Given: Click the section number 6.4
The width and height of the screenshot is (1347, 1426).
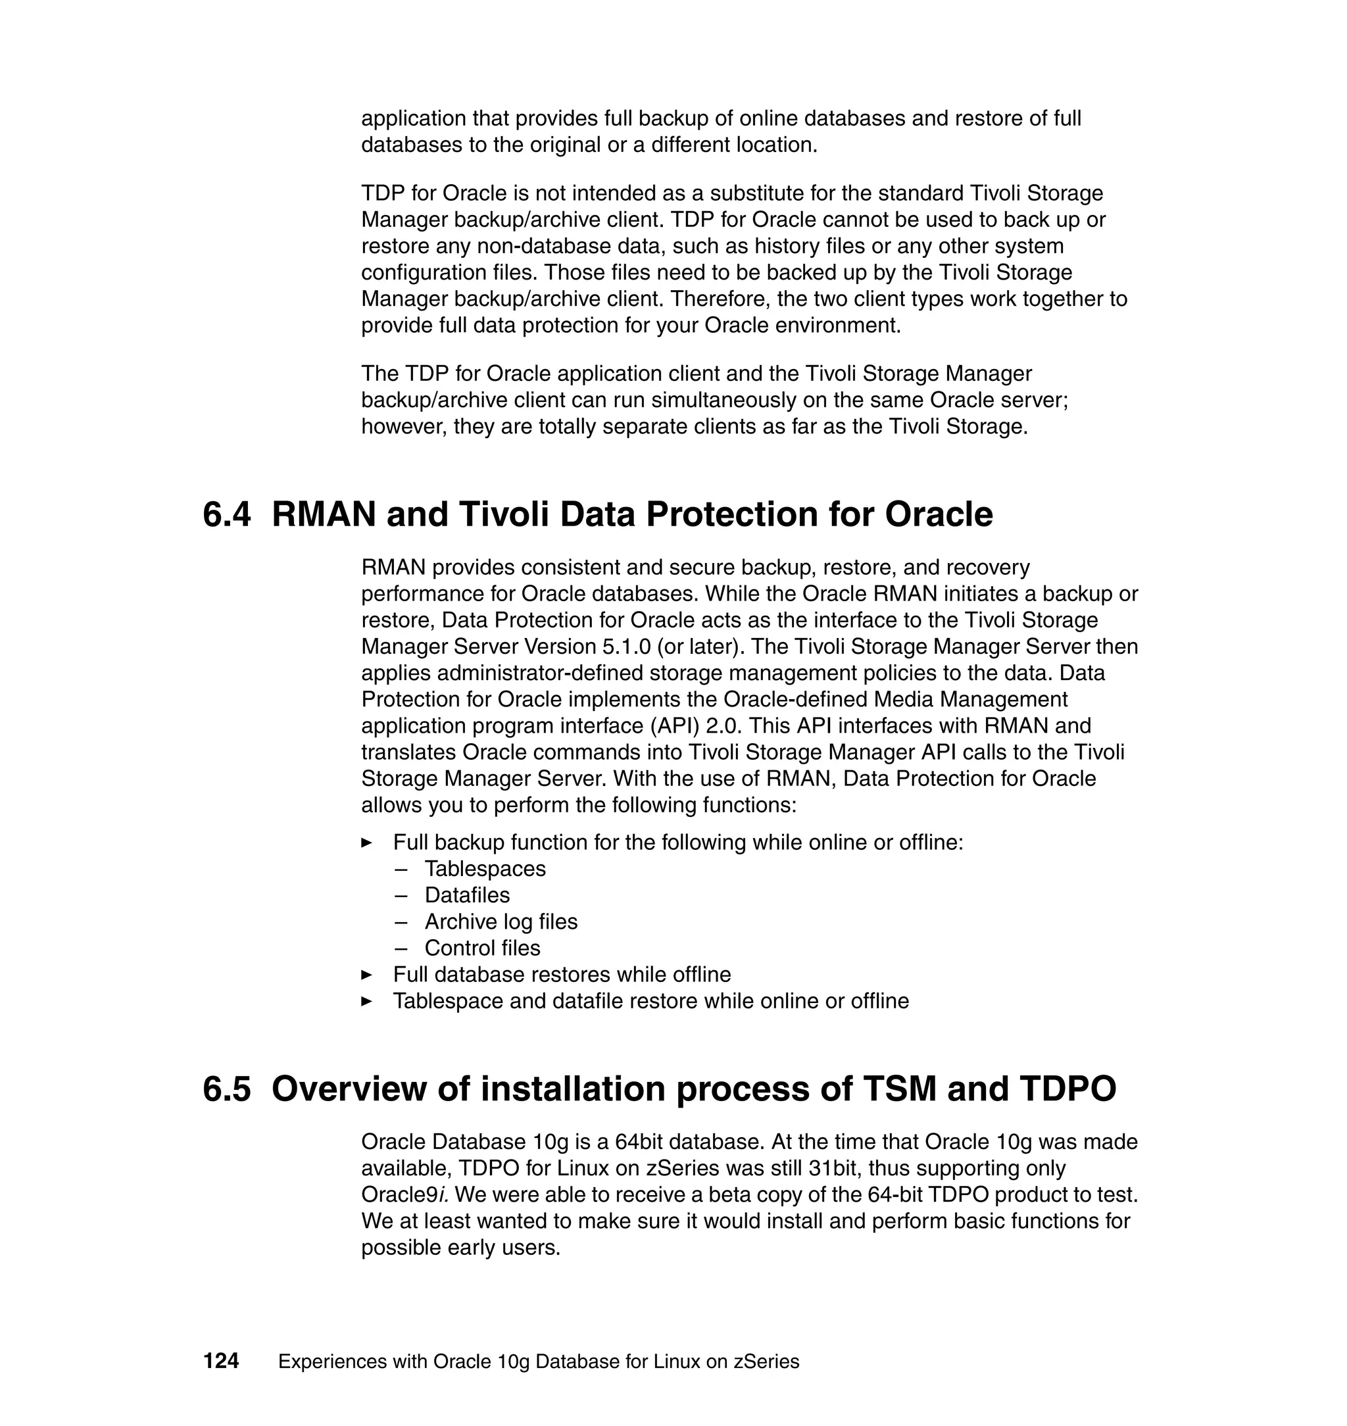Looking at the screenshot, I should click(x=227, y=515).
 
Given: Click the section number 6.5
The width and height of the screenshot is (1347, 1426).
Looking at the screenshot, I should click(x=227, y=1089).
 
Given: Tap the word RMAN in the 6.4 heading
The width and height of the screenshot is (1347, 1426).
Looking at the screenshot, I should click(x=324, y=515).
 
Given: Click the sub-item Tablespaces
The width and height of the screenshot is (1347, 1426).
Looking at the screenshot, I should click(x=485, y=869).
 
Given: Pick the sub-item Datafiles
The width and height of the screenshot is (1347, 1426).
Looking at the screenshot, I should click(x=467, y=895).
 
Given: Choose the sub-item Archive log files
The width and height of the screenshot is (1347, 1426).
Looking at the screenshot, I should click(x=501, y=922).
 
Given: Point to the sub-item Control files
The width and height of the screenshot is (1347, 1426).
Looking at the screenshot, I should click(x=482, y=948).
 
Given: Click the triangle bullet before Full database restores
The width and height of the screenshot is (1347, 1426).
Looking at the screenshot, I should click(x=367, y=975).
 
